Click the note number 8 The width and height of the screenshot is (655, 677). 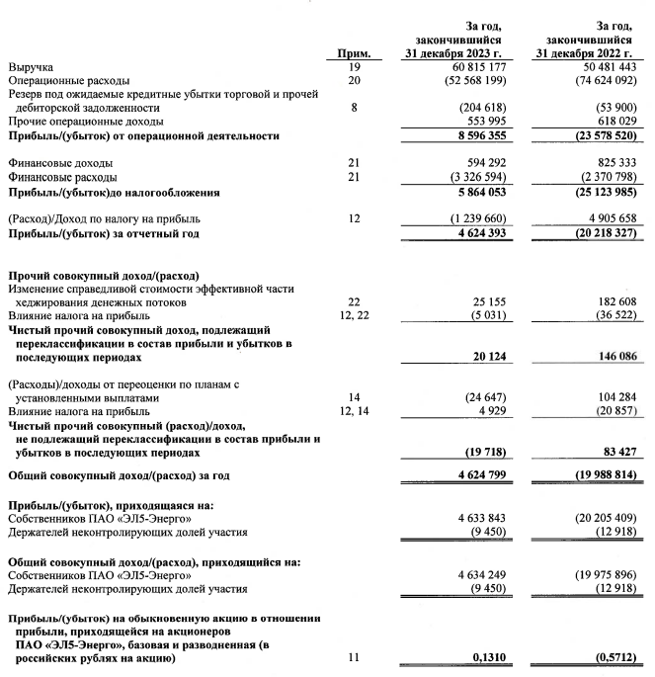coord(353,107)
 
